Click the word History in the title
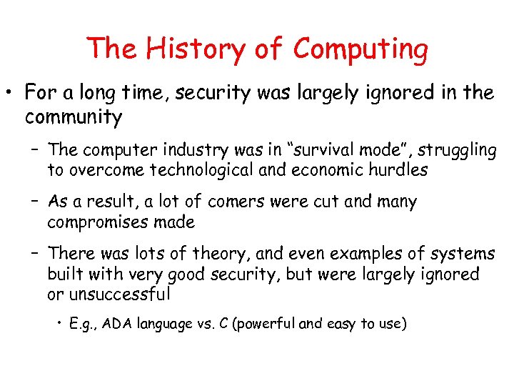(185, 49)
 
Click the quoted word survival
(322, 150)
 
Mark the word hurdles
(402, 170)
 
